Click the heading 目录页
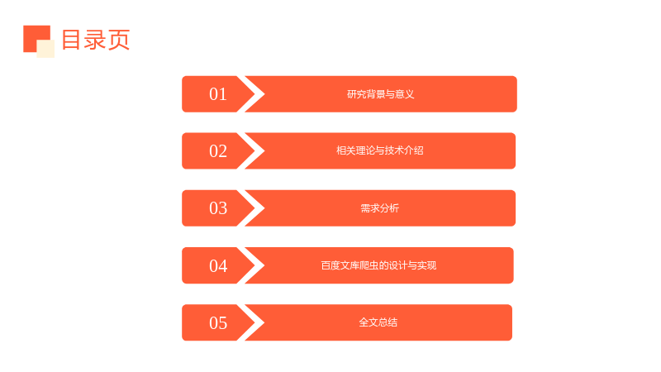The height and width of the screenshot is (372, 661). click(x=96, y=40)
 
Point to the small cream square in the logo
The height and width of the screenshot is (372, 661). click(x=45, y=49)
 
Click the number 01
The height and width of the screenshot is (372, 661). click(x=218, y=94)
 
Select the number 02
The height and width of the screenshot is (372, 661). click(x=218, y=151)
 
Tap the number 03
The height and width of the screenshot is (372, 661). click(x=218, y=208)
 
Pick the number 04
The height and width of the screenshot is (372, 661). click(x=218, y=265)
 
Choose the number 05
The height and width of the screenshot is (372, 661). click(x=218, y=322)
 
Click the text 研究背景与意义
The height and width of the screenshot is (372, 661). click(x=380, y=94)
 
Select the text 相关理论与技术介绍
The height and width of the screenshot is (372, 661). click(x=379, y=150)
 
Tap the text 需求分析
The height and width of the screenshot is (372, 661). click(x=379, y=208)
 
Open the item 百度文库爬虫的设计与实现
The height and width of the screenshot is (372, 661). click(x=378, y=265)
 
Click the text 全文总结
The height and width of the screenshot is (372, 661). click(x=378, y=322)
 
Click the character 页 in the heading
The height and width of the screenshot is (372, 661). click(x=119, y=40)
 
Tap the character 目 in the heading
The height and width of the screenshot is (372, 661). click(x=71, y=40)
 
